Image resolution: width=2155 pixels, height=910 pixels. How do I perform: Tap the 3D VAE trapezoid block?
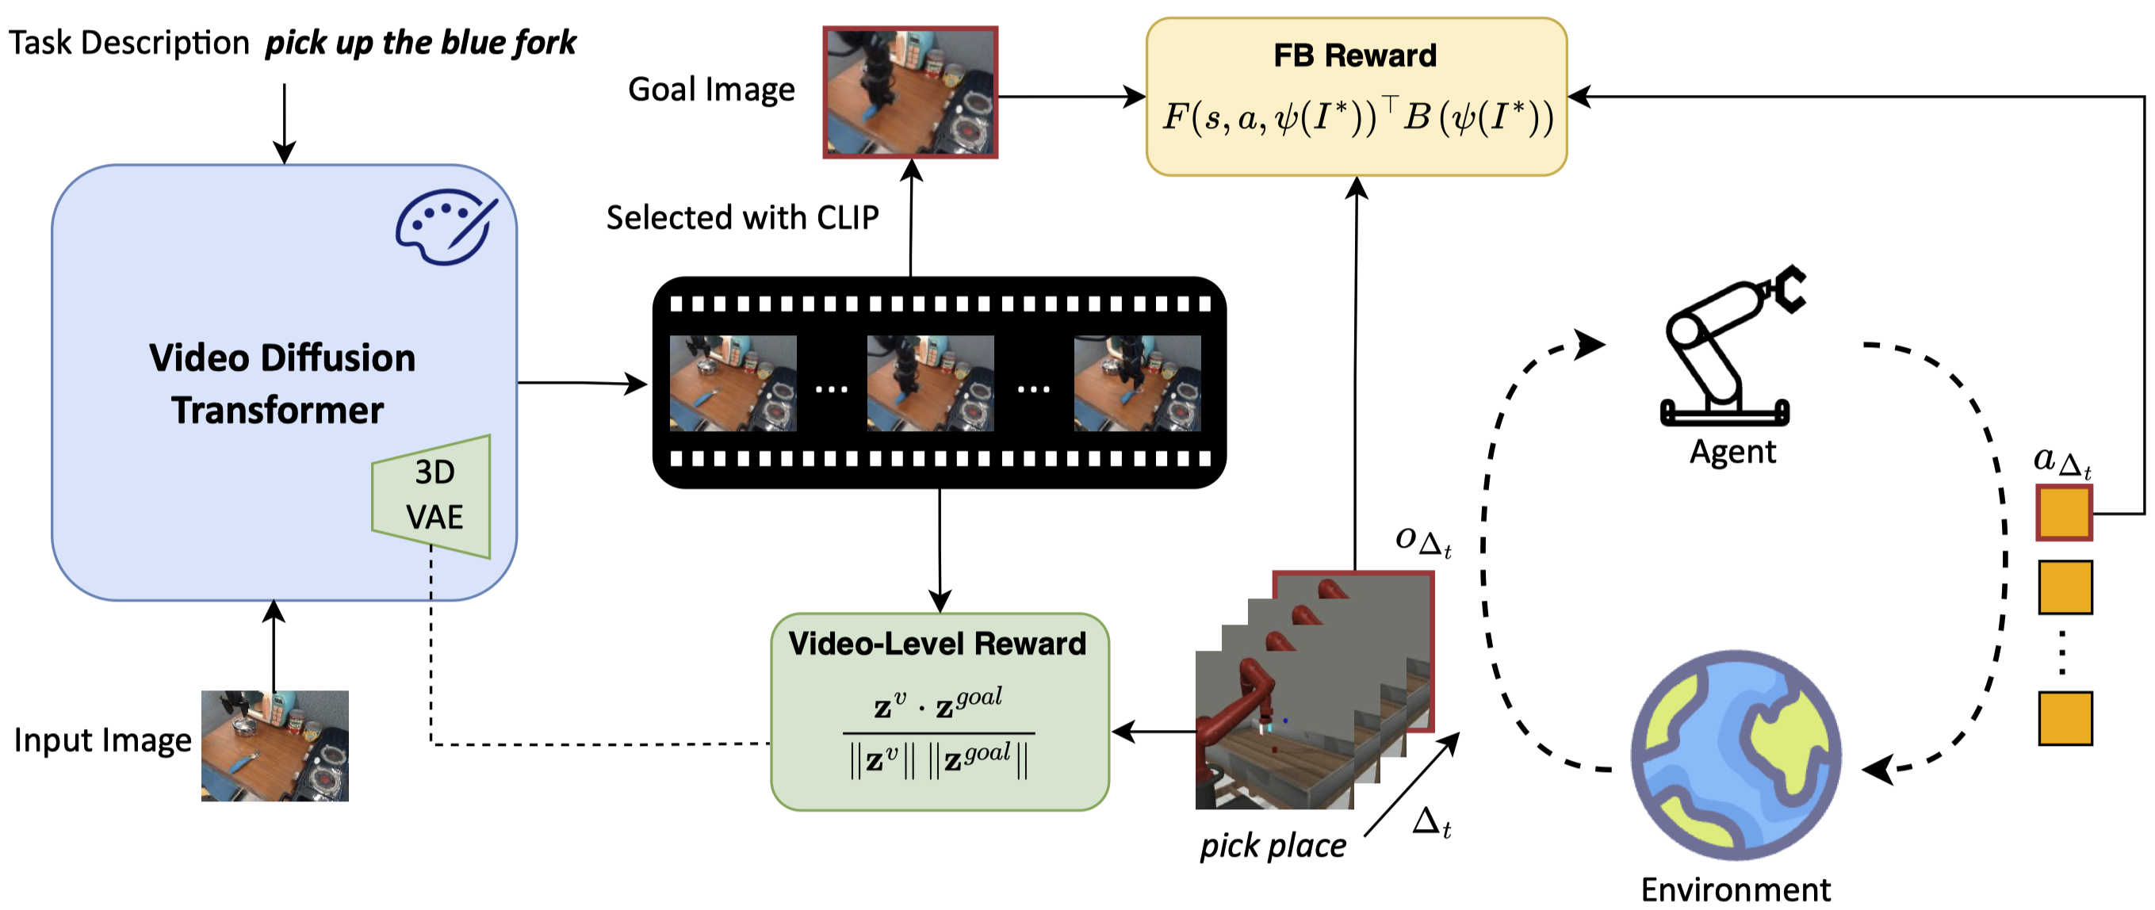pyautogui.click(x=431, y=496)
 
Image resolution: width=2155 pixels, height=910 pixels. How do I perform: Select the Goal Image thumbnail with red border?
pyautogui.click(x=910, y=92)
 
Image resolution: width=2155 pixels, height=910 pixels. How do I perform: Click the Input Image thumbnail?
pyautogui.click(x=274, y=745)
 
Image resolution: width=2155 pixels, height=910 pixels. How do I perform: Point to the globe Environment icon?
pyautogui.click(x=1736, y=755)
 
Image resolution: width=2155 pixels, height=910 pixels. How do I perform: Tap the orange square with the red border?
pyautogui.click(x=2065, y=513)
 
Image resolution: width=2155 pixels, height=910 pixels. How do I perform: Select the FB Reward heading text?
pyautogui.click(x=1354, y=55)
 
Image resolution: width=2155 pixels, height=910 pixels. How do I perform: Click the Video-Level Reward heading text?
pyautogui.click(x=937, y=643)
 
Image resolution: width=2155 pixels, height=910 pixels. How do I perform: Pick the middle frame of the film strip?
pyautogui.click(x=930, y=383)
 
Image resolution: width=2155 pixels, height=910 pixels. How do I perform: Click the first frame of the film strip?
pyautogui.click(x=733, y=383)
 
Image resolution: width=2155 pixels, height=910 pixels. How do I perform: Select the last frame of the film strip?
pyautogui.click(x=1137, y=383)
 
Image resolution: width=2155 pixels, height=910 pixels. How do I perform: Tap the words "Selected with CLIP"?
pyautogui.click(x=742, y=217)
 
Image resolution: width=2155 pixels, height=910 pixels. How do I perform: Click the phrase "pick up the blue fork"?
pyautogui.click(x=421, y=43)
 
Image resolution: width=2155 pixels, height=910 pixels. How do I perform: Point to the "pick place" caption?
pyautogui.click(x=1273, y=846)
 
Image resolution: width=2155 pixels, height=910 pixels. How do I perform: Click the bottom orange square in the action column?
pyautogui.click(x=2065, y=717)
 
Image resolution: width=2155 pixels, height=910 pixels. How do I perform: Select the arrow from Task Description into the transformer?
pyautogui.click(x=285, y=124)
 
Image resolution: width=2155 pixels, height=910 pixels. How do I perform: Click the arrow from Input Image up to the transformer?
pyautogui.click(x=274, y=646)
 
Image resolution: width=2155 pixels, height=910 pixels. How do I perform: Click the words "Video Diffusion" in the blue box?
pyautogui.click(x=282, y=358)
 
